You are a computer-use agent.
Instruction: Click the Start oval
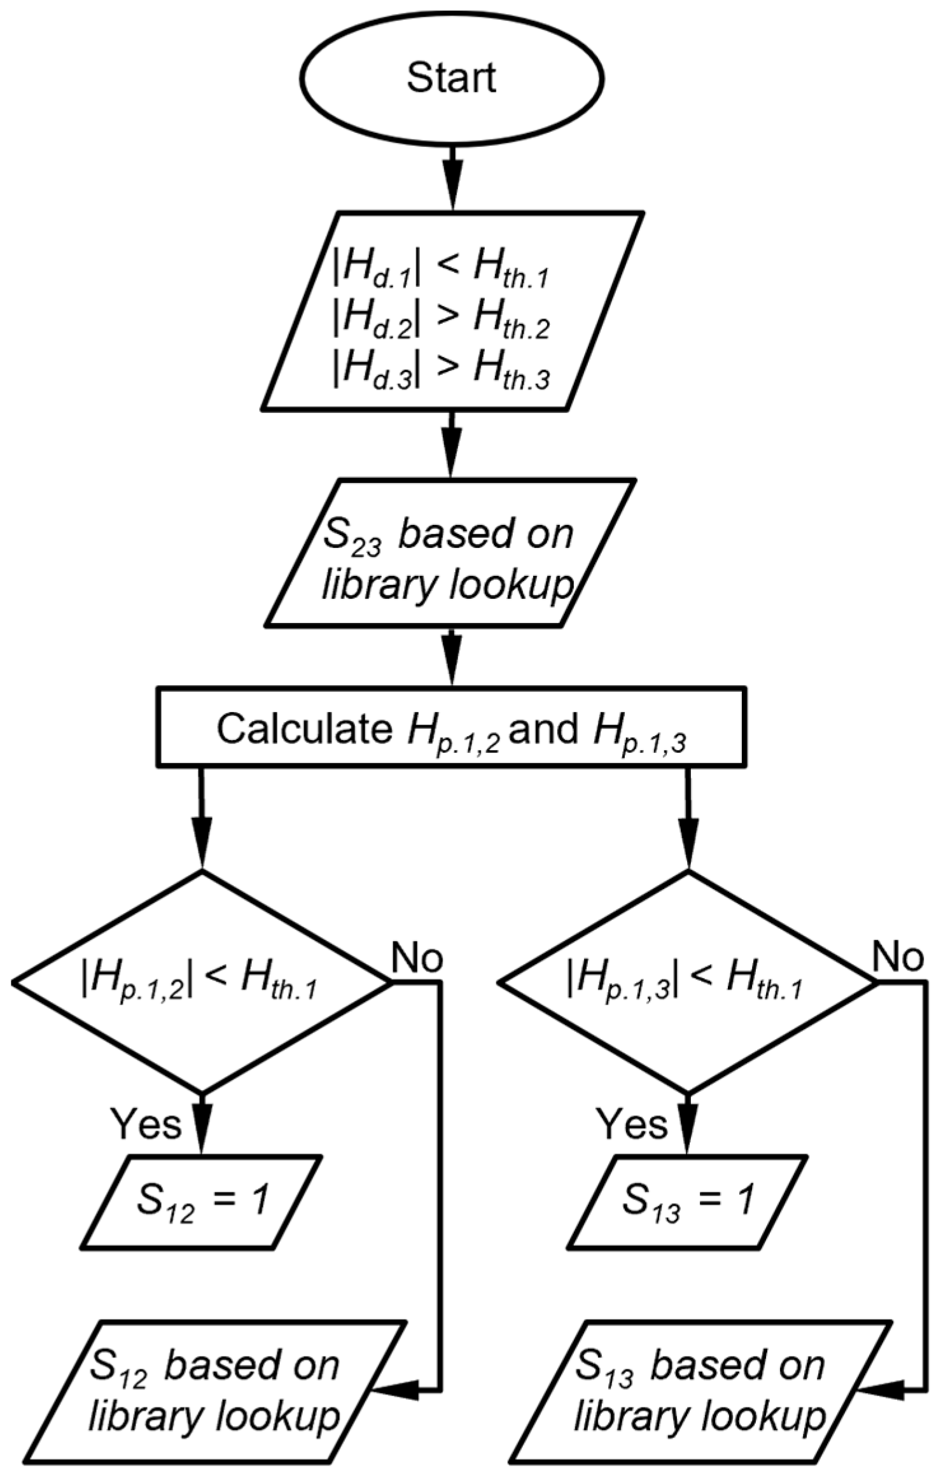(451, 79)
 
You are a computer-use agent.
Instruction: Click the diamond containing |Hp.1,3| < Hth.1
(687, 983)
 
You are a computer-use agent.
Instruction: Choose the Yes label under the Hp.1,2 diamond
(147, 1124)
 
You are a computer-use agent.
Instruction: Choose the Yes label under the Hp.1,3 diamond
(633, 1124)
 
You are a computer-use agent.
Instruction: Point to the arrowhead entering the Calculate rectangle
(451, 668)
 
